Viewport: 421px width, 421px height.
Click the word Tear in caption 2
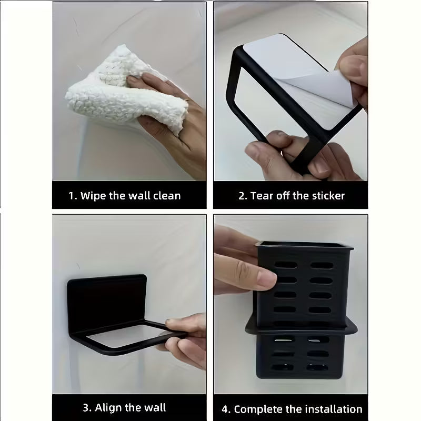coord(262,196)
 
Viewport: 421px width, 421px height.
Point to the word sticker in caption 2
coord(327,196)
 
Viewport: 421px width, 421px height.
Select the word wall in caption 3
coord(153,407)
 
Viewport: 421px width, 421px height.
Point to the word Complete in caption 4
coord(258,409)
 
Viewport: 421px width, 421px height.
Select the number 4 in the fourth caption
coord(226,409)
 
